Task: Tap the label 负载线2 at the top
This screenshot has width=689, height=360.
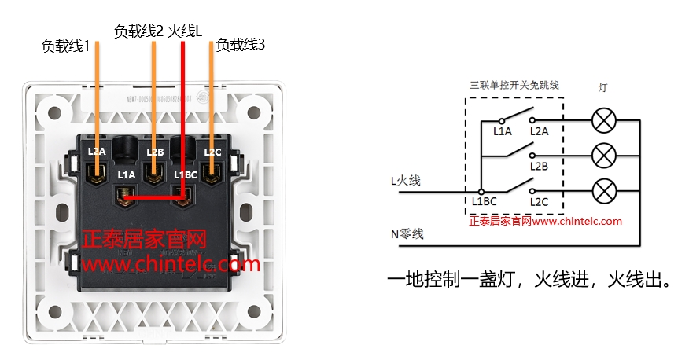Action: click(138, 31)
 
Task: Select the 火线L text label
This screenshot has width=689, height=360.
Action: click(186, 31)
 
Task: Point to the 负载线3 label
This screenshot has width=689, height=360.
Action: click(241, 46)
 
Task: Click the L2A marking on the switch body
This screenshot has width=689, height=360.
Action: click(97, 151)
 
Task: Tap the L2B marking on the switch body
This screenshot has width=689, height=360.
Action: click(155, 151)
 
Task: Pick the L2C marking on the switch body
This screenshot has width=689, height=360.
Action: click(212, 151)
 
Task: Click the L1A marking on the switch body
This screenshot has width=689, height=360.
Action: click(126, 174)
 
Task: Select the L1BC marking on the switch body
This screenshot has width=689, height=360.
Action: click(185, 174)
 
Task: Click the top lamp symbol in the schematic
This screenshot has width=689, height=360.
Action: click(603, 121)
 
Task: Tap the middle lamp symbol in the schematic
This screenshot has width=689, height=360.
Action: click(603, 156)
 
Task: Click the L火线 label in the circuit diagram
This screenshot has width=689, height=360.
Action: click(406, 181)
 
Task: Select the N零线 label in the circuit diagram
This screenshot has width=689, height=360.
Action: click(407, 234)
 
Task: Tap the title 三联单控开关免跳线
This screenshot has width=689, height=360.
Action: click(514, 85)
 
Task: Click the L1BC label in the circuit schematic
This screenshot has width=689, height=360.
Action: click(485, 202)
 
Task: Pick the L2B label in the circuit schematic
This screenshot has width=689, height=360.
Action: click(539, 166)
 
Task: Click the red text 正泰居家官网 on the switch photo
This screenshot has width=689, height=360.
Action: click(144, 238)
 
